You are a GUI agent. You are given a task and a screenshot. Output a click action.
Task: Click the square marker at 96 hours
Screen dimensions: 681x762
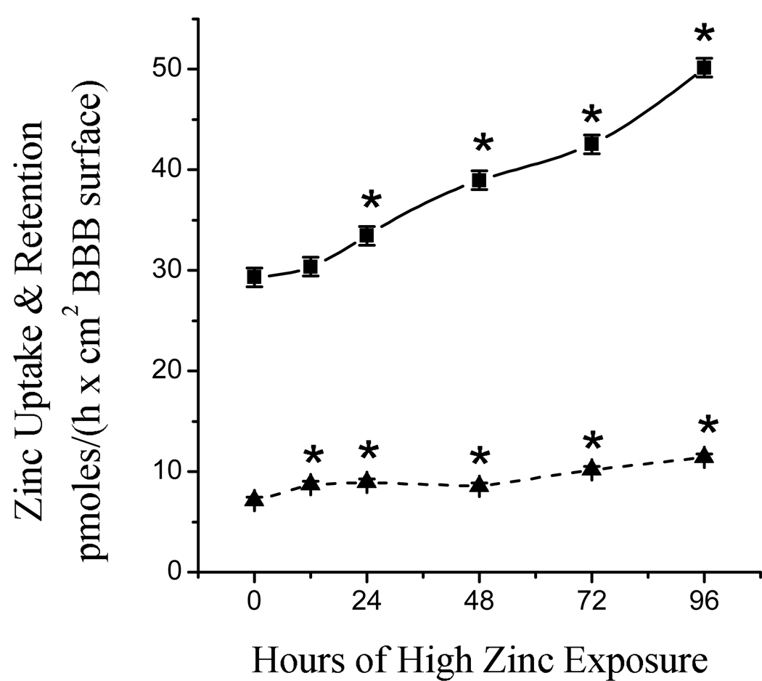pyautogui.click(x=703, y=68)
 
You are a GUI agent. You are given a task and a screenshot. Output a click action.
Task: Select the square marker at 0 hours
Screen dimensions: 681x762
pyautogui.click(x=254, y=277)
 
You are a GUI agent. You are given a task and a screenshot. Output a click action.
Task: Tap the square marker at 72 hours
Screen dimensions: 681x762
pyautogui.click(x=591, y=144)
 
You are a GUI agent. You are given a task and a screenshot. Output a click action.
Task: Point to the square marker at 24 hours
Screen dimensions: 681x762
pyautogui.click(x=367, y=235)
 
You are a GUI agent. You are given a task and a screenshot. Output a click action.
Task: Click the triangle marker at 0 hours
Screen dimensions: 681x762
pyautogui.click(x=254, y=499)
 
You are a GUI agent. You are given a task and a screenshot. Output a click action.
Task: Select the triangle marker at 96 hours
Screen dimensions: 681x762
pyautogui.click(x=703, y=456)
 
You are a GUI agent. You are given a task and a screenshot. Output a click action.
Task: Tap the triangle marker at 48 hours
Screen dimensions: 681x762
pyautogui.click(x=479, y=485)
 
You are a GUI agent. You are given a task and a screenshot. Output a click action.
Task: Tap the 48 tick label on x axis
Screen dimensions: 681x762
pyautogui.click(x=479, y=602)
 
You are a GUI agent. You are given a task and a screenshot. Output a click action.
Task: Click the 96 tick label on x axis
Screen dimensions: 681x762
pyautogui.click(x=703, y=602)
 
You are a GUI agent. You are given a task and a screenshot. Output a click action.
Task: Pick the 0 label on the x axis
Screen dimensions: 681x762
pyautogui.click(x=254, y=602)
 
